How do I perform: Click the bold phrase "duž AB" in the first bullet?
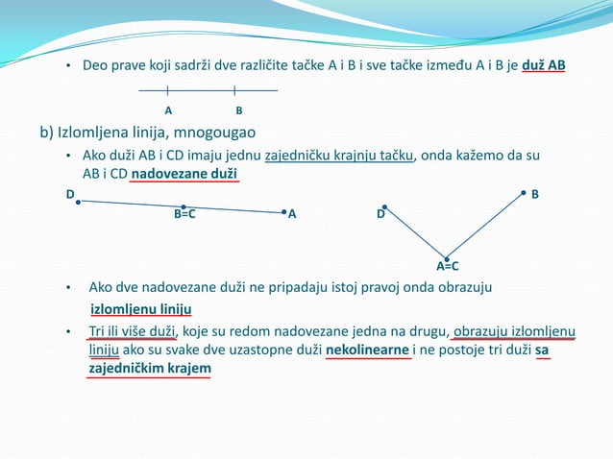point(544,65)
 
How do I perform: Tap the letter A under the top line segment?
point(168,110)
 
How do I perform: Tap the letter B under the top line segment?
point(238,110)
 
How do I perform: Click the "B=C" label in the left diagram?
point(184,215)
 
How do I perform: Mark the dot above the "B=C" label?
point(184,206)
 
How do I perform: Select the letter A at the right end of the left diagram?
point(292,215)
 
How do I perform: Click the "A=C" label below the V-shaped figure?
point(448,266)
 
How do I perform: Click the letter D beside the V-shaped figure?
point(380,215)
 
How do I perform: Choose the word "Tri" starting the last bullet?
point(98,332)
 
